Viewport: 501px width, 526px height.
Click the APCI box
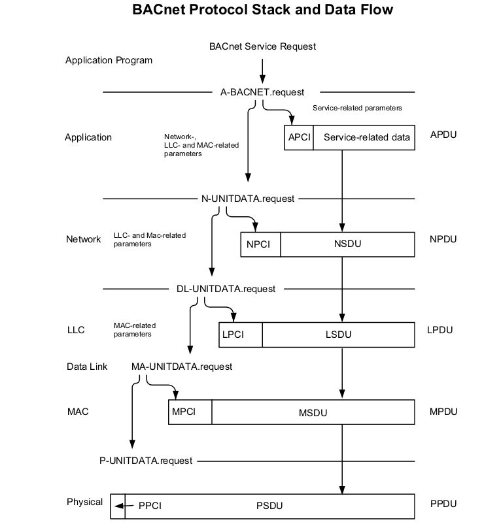299,137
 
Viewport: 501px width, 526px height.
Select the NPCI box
262,244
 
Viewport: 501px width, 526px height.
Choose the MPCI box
190,412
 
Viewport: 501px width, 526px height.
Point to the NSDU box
347,244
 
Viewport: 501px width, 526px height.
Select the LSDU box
338,335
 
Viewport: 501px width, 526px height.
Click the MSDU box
313,413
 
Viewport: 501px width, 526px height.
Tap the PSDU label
269,505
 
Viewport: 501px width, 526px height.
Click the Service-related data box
364,137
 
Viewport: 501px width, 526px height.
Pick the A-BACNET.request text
262,92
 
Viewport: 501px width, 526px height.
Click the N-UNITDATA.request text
247,198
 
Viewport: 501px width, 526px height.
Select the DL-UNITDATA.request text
226,288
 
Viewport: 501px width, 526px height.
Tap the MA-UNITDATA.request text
182,367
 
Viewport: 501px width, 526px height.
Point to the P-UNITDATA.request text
142,461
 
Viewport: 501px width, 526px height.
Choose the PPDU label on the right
443,504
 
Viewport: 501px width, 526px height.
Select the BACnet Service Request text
262,46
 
